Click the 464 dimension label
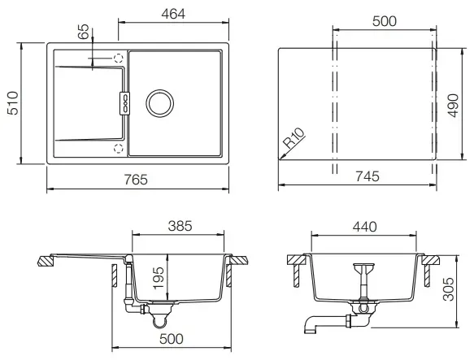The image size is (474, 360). (173, 14)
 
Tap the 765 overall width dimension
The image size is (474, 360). (136, 180)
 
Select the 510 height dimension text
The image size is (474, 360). (13, 103)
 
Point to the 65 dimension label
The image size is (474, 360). (84, 32)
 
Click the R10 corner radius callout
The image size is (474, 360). (294, 138)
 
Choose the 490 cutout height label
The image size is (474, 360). (453, 106)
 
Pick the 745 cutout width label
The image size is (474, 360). (367, 176)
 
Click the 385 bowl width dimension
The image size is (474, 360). (180, 226)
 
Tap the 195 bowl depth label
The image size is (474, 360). (159, 278)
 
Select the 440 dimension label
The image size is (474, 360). (364, 227)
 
